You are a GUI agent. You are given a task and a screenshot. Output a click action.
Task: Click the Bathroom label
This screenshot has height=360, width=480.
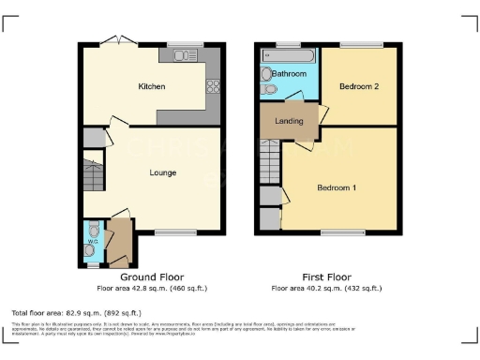click(x=290, y=73)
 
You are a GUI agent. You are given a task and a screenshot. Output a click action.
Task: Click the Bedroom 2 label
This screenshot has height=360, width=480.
click(x=359, y=86)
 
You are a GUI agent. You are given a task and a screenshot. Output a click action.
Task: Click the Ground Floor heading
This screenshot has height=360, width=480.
click(x=152, y=277)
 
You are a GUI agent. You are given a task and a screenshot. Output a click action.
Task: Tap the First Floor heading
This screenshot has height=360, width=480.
click(x=325, y=277)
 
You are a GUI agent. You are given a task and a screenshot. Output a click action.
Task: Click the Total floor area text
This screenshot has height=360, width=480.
click(x=62, y=310)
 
